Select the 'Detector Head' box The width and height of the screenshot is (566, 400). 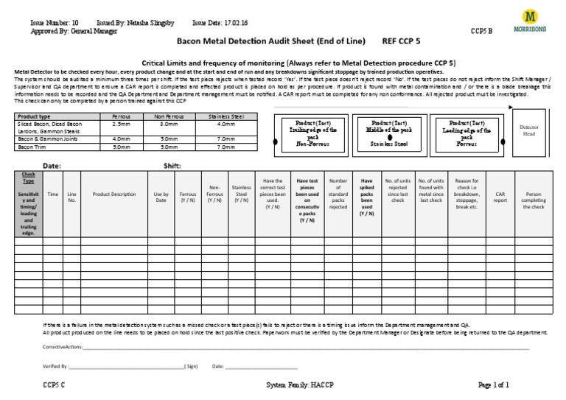click(530, 132)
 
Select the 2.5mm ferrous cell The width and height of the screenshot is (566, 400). click(121, 124)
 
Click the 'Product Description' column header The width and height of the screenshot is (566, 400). click(114, 194)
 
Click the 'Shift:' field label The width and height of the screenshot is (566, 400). click(172, 166)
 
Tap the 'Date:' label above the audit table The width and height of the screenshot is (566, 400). click(52, 166)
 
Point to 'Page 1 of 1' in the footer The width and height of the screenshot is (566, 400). click(493, 385)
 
